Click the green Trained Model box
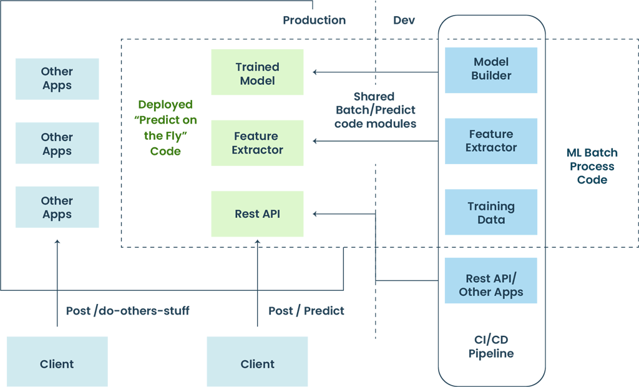click(257, 73)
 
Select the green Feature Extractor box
click(257, 143)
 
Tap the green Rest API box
click(257, 214)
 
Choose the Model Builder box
click(491, 69)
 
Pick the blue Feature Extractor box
click(491, 141)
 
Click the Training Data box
click(491, 213)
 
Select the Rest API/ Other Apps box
click(491, 285)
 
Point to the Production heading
click(314, 20)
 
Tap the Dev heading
click(404, 20)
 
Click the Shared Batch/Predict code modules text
click(374, 110)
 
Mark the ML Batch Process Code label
click(592, 166)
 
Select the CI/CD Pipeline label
click(491, 346)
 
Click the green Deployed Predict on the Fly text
click(165, 128)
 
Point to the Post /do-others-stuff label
click(127, 311)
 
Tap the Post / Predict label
click(306, 311)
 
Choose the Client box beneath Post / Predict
click(257, 364)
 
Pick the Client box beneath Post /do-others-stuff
click(57, 364)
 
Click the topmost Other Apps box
click(57, 79)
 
